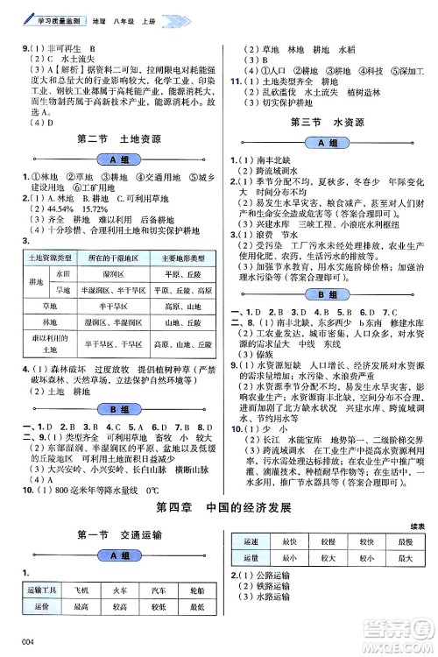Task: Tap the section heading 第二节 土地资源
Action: pyautogui.click(x=114, y=139)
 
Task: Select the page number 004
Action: pyautogui.click(x=11, y=646)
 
